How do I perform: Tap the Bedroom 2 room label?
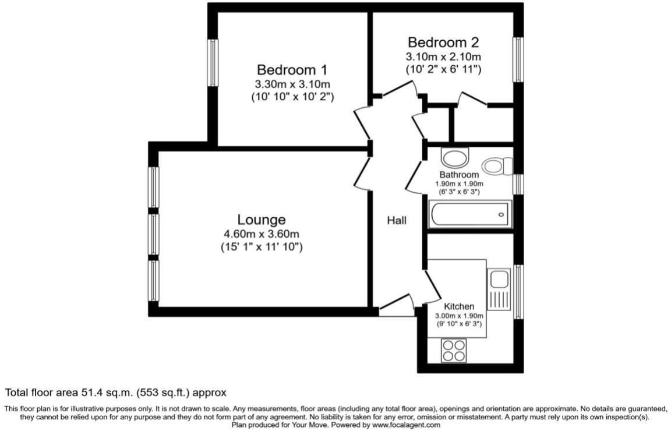coord(443,43)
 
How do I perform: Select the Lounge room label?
coord(262,220)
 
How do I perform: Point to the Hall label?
coord(397,220)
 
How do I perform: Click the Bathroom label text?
coord(459,175)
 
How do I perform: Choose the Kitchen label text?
coord(459,306)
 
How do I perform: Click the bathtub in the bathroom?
coord(470,214)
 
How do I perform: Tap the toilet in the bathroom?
coord(497,166)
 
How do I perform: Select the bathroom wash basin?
coord(455,157)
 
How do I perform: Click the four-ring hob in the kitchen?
coord(454,351)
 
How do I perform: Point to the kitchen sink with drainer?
coord(499,289)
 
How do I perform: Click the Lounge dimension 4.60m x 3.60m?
coord(262,234)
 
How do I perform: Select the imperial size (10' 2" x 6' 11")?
coord(443,69)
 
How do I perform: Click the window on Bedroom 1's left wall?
coord(213,63)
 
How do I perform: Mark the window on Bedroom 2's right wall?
coord(517,60)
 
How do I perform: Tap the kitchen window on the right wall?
coord(517,291)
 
